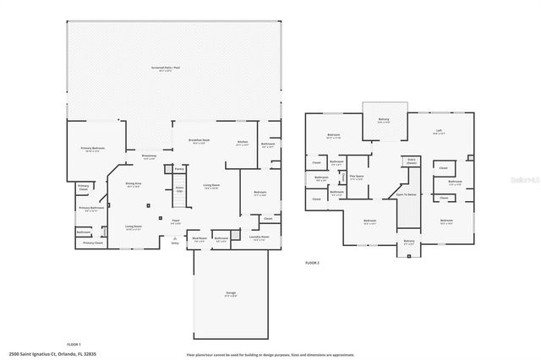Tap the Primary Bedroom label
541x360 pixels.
click(x=91, y=150)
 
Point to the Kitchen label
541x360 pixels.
click(x=242, y=142)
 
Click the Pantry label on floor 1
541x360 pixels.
click(x=179, y=169)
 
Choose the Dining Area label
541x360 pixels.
click(x=134, y=184)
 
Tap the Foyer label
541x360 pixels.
click(x=176, y=221)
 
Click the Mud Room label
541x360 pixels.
click(x=199, y=238)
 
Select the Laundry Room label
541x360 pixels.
click(x=260, y=238)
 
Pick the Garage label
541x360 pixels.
click(x=230, y=293)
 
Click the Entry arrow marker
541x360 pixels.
click(x=175, y=240)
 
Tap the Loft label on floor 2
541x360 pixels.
click(x=439, y=131)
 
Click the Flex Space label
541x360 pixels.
click(x=358, y=177)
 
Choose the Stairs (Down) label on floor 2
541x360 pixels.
click(x=413, y=160)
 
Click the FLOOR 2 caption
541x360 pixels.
click(x=312, y=263)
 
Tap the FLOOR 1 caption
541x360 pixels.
click(x=73, y=345)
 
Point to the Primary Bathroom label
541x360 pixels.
click(x=91, y=209)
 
